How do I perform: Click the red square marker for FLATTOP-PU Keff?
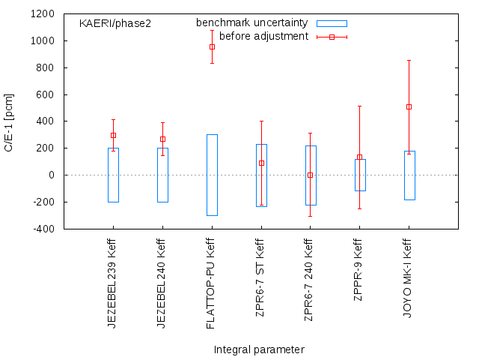[212, 46]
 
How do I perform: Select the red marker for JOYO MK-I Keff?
[409, 106]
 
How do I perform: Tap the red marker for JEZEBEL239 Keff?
[113, 135]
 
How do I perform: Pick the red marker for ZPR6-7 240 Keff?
[310, 175]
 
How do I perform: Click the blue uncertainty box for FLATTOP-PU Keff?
[212, 175]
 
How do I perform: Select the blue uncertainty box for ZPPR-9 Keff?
[360, 175]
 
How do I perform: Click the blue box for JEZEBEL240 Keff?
[162, 175]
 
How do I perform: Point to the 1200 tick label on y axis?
[43, 14]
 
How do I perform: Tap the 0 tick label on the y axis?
[52, 175]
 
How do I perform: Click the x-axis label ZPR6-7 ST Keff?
[260, 277]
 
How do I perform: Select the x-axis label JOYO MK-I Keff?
[408, 277]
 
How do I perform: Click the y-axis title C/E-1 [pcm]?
[10, 121]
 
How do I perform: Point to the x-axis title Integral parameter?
[259, 349]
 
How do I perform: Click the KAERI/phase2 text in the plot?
[115, 23]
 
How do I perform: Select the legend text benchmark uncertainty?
[251, 23]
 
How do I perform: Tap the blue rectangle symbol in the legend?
[332, 23]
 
